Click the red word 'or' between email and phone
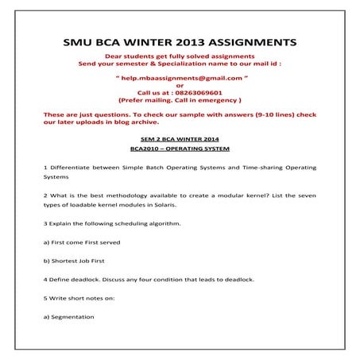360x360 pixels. coord(179,85)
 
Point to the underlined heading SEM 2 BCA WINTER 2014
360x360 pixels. coord(179,139)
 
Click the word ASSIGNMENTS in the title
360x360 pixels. coord(246,42)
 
